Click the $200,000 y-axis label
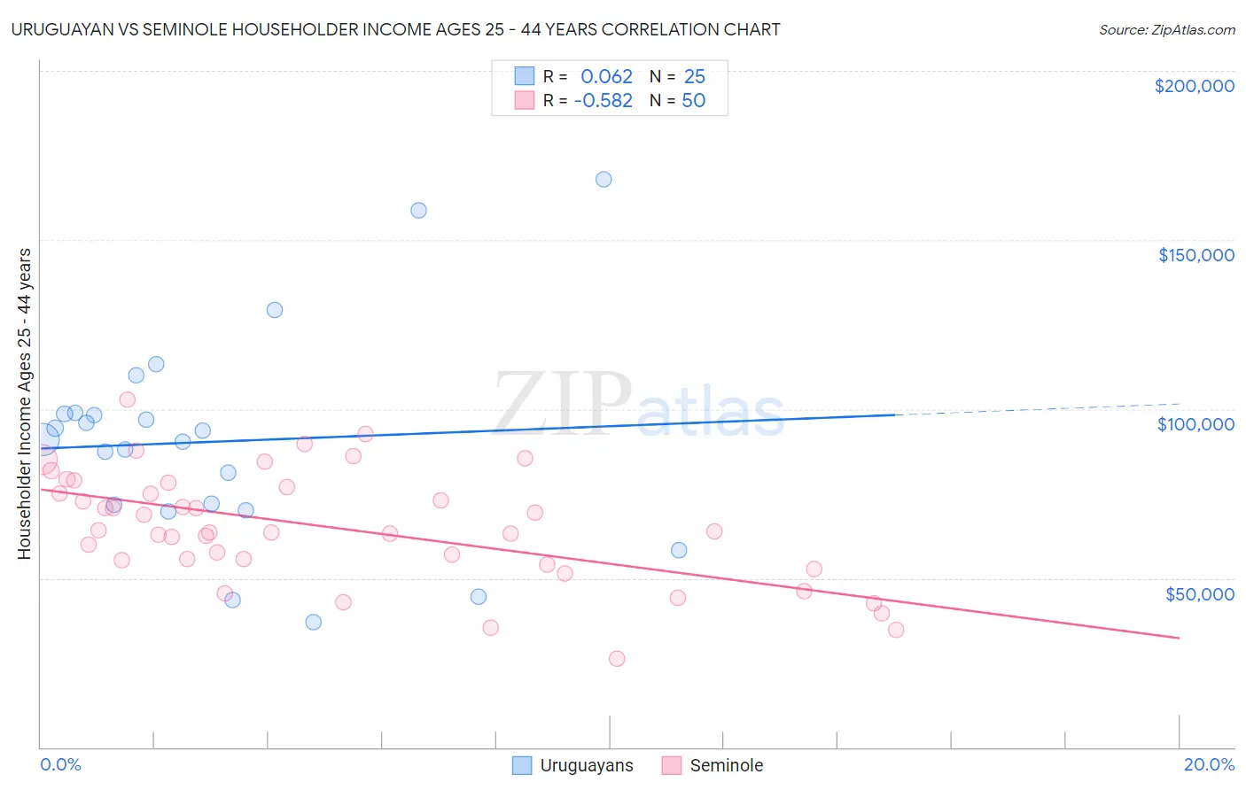[x=1194, y=86]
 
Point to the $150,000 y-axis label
[x=1195, y=255]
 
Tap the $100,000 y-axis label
[x=1195, y=424]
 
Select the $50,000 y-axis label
[x=1199, y=593]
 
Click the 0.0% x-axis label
[x=60, y=764]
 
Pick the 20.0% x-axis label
[x=1209, y=764]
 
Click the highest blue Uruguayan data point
[x=604, y=179]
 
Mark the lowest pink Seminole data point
[x=617, y=658]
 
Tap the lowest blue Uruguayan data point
[x=313, y=622]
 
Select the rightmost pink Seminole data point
[x=896, y=630]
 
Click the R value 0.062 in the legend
[x=606, y=77]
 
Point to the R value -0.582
[x=603, y=101]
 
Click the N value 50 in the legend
[x=693, y=101]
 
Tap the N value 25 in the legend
[x=694, y=77]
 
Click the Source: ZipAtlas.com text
[x=1166, y=30]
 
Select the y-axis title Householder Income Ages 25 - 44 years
[x=24, y=404]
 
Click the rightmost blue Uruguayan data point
[x=679, y=550]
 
